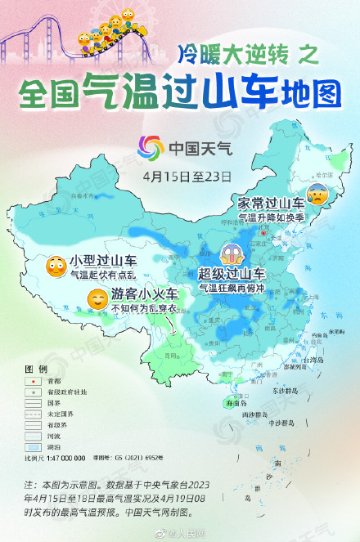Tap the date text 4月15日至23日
tap(187, 176)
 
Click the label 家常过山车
tap(271, 201)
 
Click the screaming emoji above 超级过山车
tap(231, 255)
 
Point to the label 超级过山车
tap(232, 275)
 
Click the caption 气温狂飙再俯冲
tap(232, 289)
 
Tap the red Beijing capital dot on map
tap(263, 231)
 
